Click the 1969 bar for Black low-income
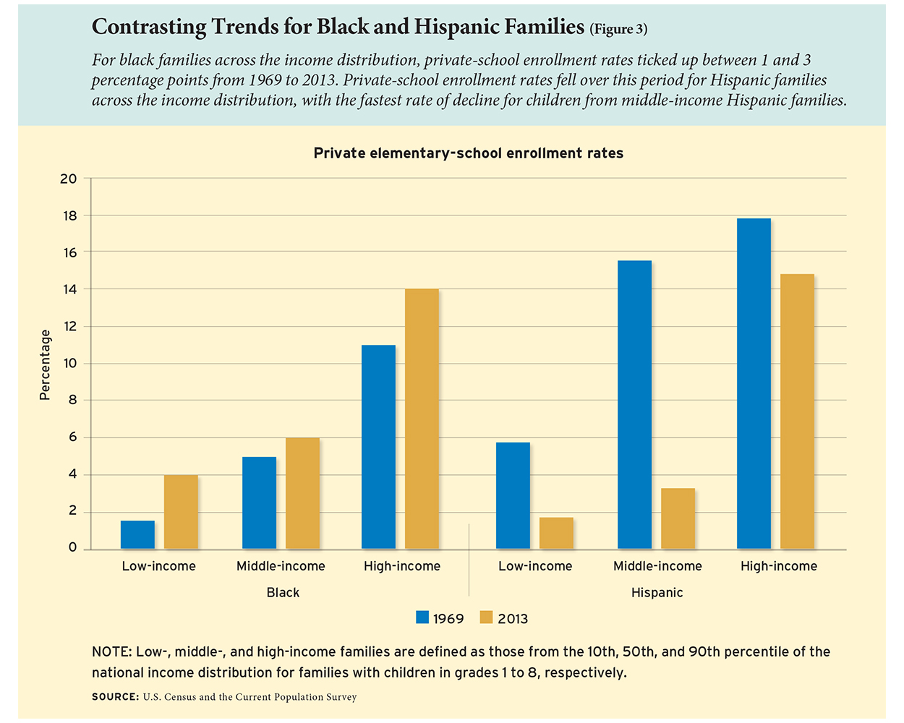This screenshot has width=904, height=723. click(x=137, y=534)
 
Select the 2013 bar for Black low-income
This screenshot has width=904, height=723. click(x=181, y=511)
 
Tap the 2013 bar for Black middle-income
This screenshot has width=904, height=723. click(x=302, y=493)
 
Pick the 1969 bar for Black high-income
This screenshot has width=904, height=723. click(x=378, y=447)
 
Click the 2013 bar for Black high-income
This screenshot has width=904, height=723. click(x=422, y=419)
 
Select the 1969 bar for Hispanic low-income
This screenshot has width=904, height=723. click(x=513, y=495)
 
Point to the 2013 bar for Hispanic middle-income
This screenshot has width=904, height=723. click(x=678, y=518)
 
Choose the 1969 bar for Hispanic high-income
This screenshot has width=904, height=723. click(x=754, y=383)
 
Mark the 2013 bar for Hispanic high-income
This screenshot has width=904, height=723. click(x=797, y=411)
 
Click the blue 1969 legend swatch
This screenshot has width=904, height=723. click(x=422, y=617)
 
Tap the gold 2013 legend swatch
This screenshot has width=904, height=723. click(x=486, y=617)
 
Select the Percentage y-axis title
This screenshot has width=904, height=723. click(x=45, y=364)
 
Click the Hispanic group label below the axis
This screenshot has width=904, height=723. click(x=657, y=593)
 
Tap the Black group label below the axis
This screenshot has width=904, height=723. click(x=283, y=593)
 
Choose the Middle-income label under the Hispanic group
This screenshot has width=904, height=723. click(x=657, y=566)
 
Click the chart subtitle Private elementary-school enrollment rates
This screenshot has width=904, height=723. click(x=468, y=153)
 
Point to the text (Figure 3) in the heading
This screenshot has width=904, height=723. click(x=618, y=30)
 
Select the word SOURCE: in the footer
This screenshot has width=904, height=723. click(x=115, y=697)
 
